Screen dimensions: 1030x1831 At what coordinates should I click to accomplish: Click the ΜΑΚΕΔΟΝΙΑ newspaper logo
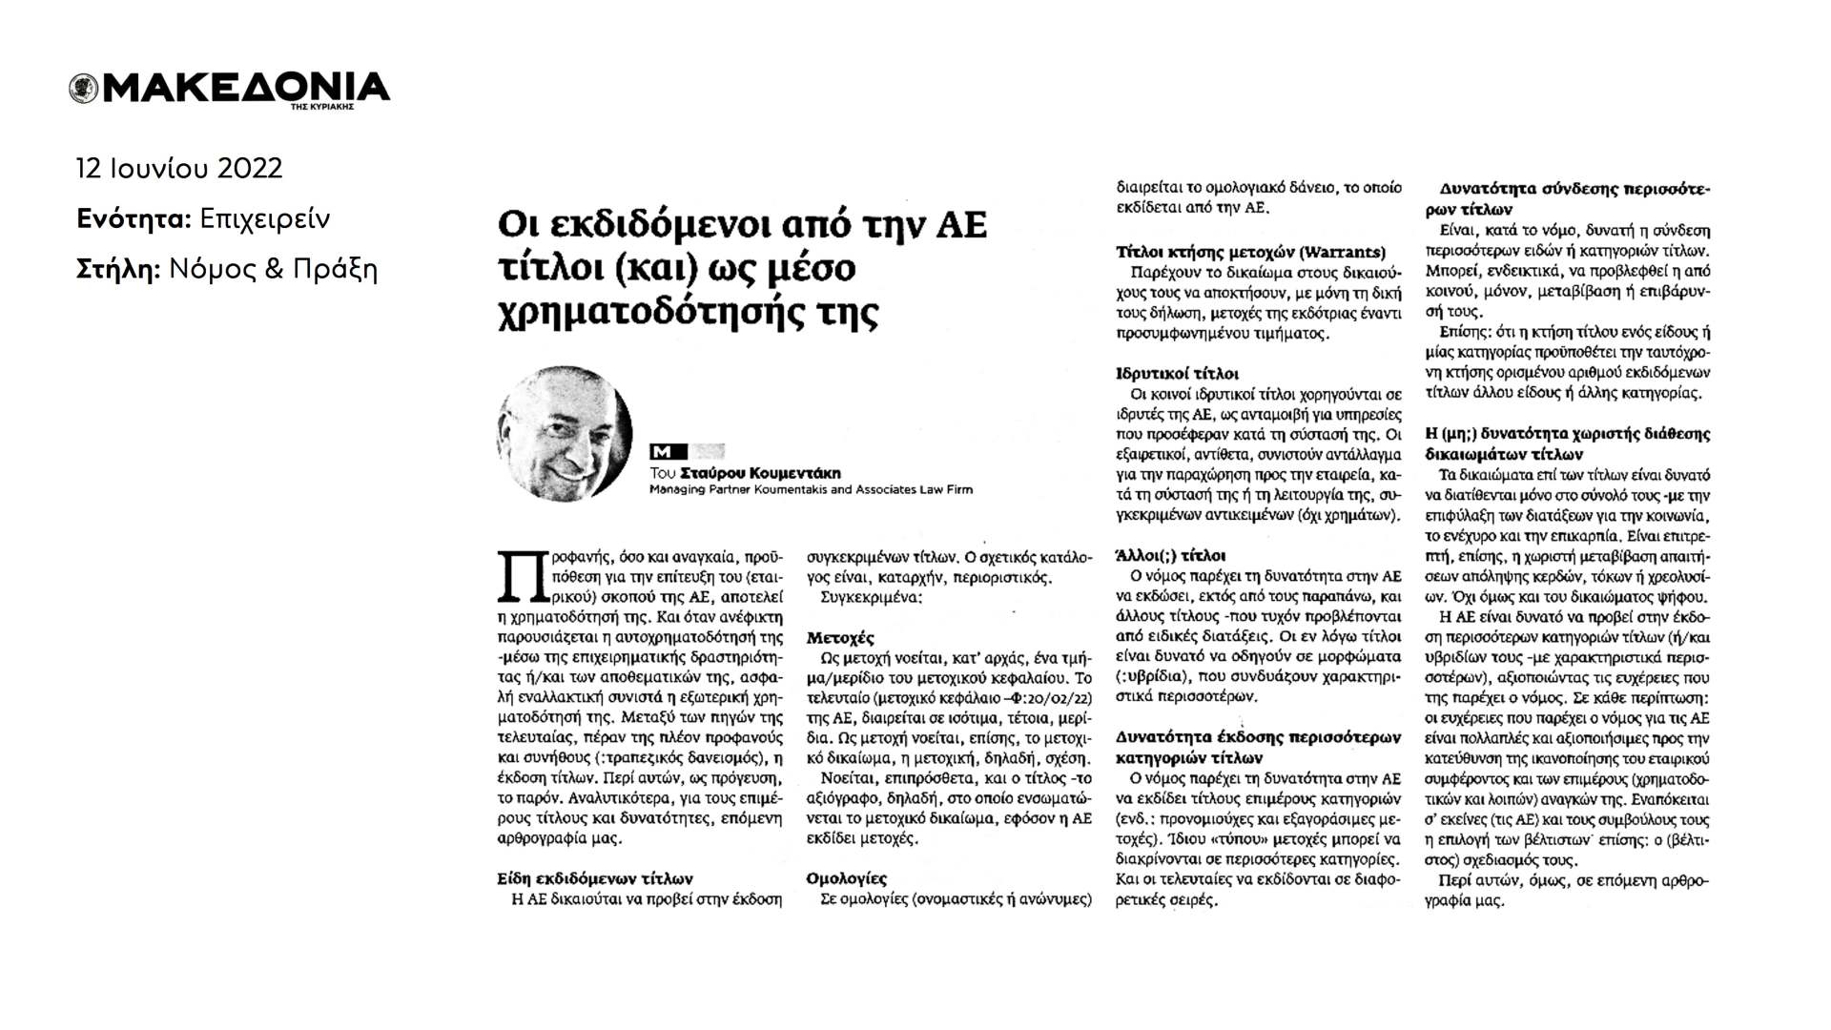point(229,88)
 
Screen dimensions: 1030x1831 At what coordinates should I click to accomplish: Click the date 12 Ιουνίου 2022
point(179,169)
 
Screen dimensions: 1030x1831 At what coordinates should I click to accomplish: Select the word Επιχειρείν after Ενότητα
point(265,219)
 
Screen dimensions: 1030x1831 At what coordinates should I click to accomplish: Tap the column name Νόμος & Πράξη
point(274,270)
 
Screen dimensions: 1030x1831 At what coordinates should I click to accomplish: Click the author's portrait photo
point(564,434)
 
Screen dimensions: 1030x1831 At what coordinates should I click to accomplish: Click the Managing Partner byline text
point(811,490)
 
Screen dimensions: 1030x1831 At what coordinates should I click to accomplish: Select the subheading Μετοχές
point(840,637)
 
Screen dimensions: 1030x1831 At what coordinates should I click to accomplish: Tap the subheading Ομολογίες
point(847,877)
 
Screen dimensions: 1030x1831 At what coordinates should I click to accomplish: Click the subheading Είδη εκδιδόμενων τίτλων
point(595,878)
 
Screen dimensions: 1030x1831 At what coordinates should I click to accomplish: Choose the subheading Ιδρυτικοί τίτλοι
point(1178,374)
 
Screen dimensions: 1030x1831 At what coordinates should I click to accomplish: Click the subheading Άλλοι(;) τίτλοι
point(1171,555)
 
